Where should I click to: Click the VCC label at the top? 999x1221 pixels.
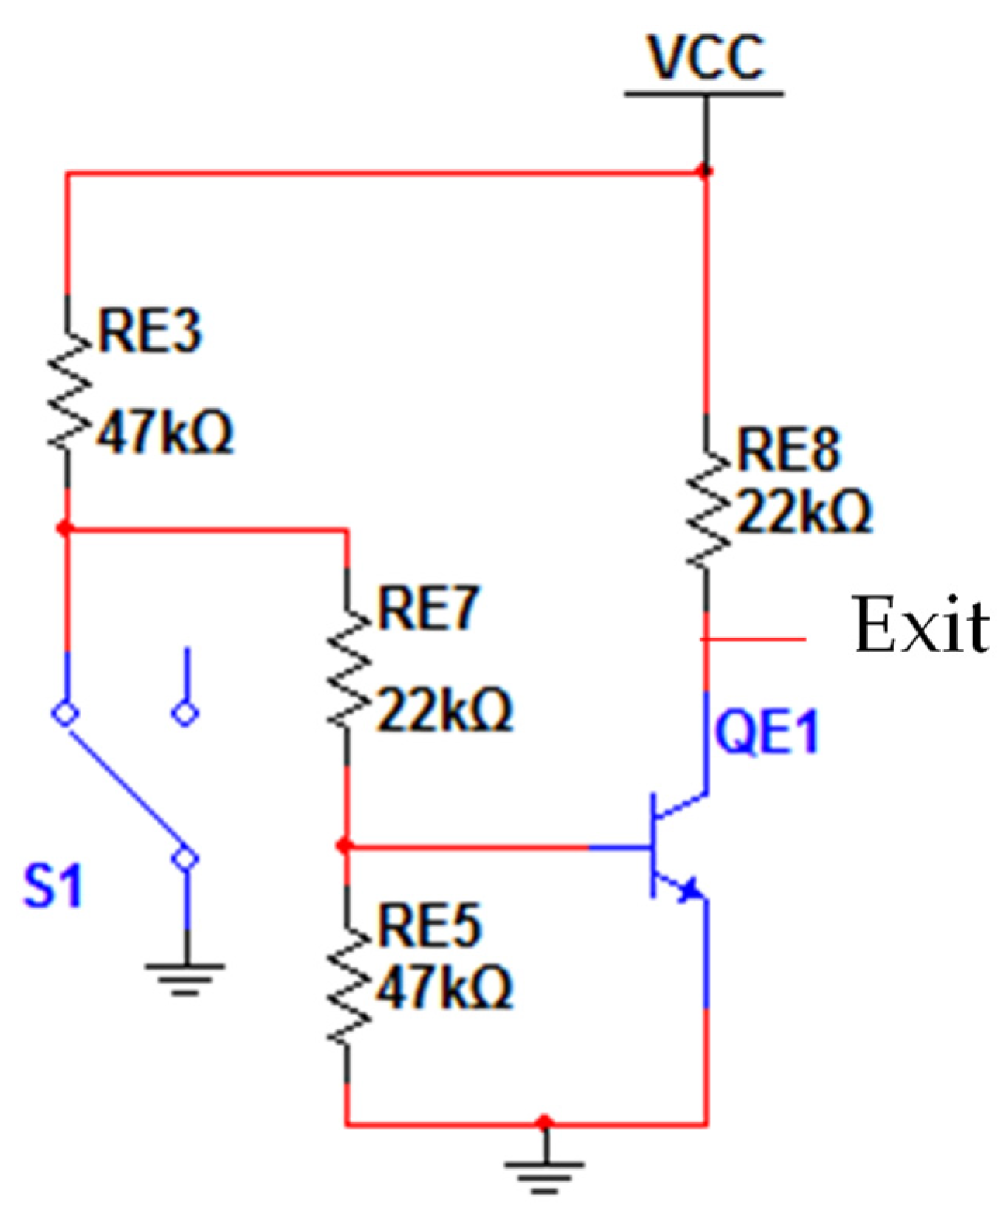pos(705,58)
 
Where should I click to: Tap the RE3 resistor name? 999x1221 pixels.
pos(150,331)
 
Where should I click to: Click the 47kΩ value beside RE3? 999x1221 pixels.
pos(164,432)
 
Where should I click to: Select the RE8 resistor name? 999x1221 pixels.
pos(788,449)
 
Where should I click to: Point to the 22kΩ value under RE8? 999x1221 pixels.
pos(804,512)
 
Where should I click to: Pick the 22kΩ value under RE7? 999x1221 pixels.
pos(444,710)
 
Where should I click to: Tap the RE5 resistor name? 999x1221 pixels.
pos(429,925)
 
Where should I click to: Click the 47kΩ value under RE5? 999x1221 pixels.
pos(444,987)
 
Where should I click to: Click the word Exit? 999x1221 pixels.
pos(920,625)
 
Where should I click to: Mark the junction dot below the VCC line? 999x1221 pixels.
pos(705,171)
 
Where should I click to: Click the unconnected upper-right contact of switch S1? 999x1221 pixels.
pos(185,712)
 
